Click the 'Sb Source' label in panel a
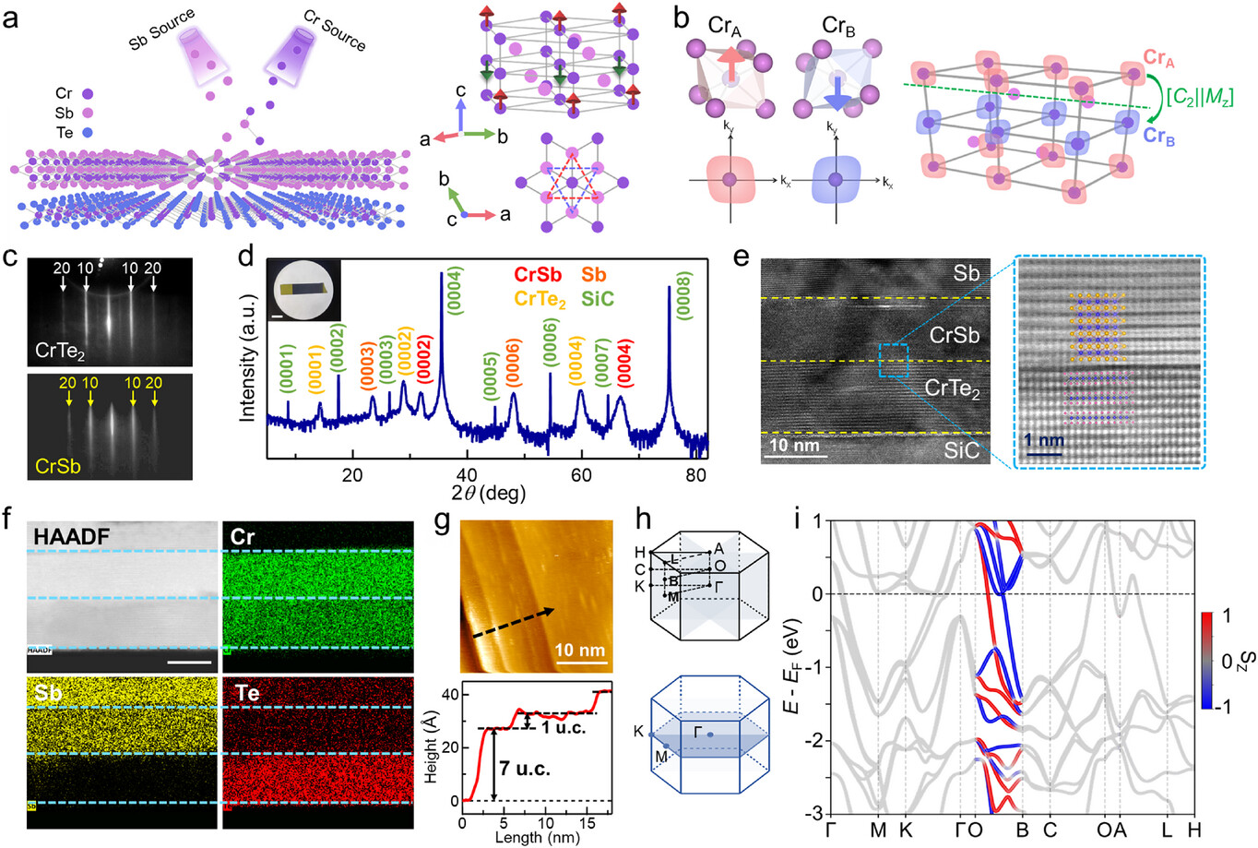pos(162,30)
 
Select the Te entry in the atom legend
pos(63,133)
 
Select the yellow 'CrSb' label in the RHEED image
pos(57,466)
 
